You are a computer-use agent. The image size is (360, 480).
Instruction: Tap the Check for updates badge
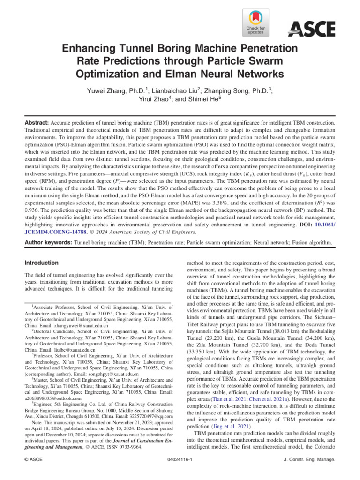pos(255,23)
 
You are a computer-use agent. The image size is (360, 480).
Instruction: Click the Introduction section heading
pos(41,262)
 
